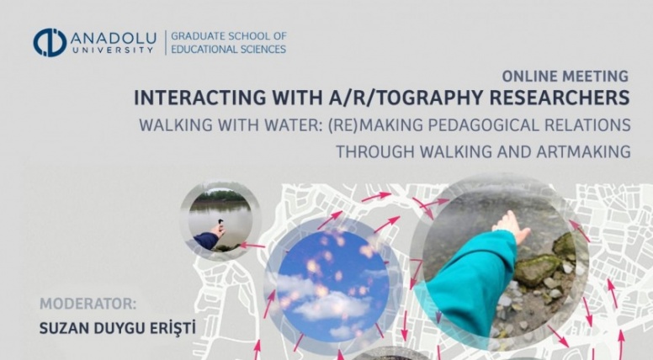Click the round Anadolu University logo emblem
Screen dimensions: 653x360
[x=50, y=42]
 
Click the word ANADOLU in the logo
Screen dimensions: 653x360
[x=114, y=39]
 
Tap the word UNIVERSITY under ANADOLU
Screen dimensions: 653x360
[x=114, y=50]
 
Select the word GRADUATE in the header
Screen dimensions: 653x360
[x=199, y=36]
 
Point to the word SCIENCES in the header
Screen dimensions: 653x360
[x=258, y=49]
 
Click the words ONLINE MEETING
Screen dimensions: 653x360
[x=565, y=77]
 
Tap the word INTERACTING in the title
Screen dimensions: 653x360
[x=199, y=98]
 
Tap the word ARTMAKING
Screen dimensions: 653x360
[x=583, y=151]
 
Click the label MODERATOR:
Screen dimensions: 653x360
[x=88, y=304]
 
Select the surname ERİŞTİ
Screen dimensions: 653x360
[x=173, y=328]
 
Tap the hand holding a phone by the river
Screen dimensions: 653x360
[x=218, y=228]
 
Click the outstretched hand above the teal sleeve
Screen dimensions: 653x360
[x=510, y=226]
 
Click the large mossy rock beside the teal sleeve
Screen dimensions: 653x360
[x=538, y=269]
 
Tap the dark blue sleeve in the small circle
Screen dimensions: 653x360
[x=205, y=241]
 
